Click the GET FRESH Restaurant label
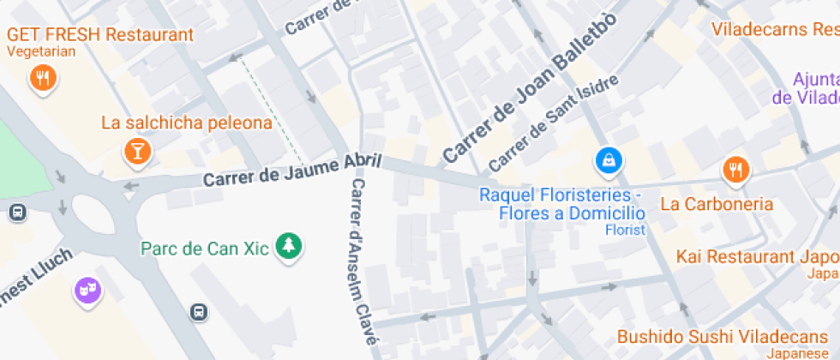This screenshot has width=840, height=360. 100,35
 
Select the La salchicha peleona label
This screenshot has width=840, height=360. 186,123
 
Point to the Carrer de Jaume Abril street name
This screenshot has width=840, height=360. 291,171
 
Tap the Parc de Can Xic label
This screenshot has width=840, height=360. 205,249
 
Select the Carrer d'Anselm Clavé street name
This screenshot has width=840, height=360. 363,261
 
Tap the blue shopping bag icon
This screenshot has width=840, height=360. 609,160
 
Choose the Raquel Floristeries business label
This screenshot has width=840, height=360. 562,204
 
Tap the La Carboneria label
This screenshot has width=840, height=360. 717,204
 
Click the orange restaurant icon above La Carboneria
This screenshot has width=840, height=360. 735,169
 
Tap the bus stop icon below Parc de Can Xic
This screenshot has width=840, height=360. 199,313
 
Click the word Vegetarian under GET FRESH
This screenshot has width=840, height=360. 41,51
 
